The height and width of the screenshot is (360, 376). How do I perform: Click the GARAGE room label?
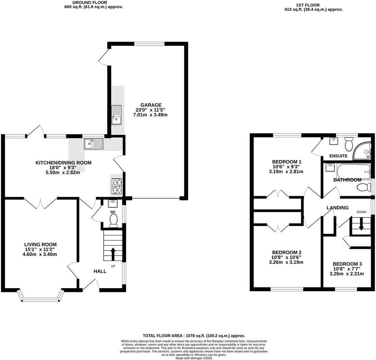coord(151,105)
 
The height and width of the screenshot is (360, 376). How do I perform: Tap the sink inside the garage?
coord(116,115)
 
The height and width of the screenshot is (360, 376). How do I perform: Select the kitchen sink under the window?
coord(93,144)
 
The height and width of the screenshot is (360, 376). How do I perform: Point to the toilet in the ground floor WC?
coord(114,220)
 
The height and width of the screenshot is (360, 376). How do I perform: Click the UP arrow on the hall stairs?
coord(113,255)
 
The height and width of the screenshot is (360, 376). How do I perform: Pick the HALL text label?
coord(100,271)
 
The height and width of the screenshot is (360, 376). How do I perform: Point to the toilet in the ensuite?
coord(349,144)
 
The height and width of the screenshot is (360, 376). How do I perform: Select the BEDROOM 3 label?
coord(347,264)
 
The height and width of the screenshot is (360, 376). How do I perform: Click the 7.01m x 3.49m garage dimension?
coord(150,115)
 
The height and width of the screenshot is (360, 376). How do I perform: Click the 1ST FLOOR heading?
coord(308,5)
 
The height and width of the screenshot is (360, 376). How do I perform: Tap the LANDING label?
coord(337,208)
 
